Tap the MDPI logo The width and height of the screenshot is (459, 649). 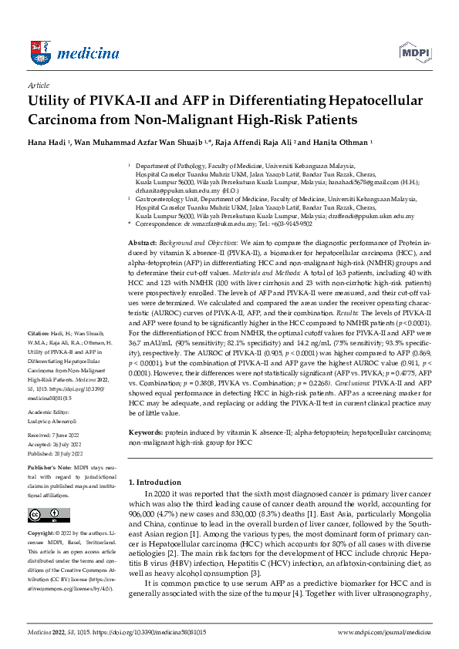415,51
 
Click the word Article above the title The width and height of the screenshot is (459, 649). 38,85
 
